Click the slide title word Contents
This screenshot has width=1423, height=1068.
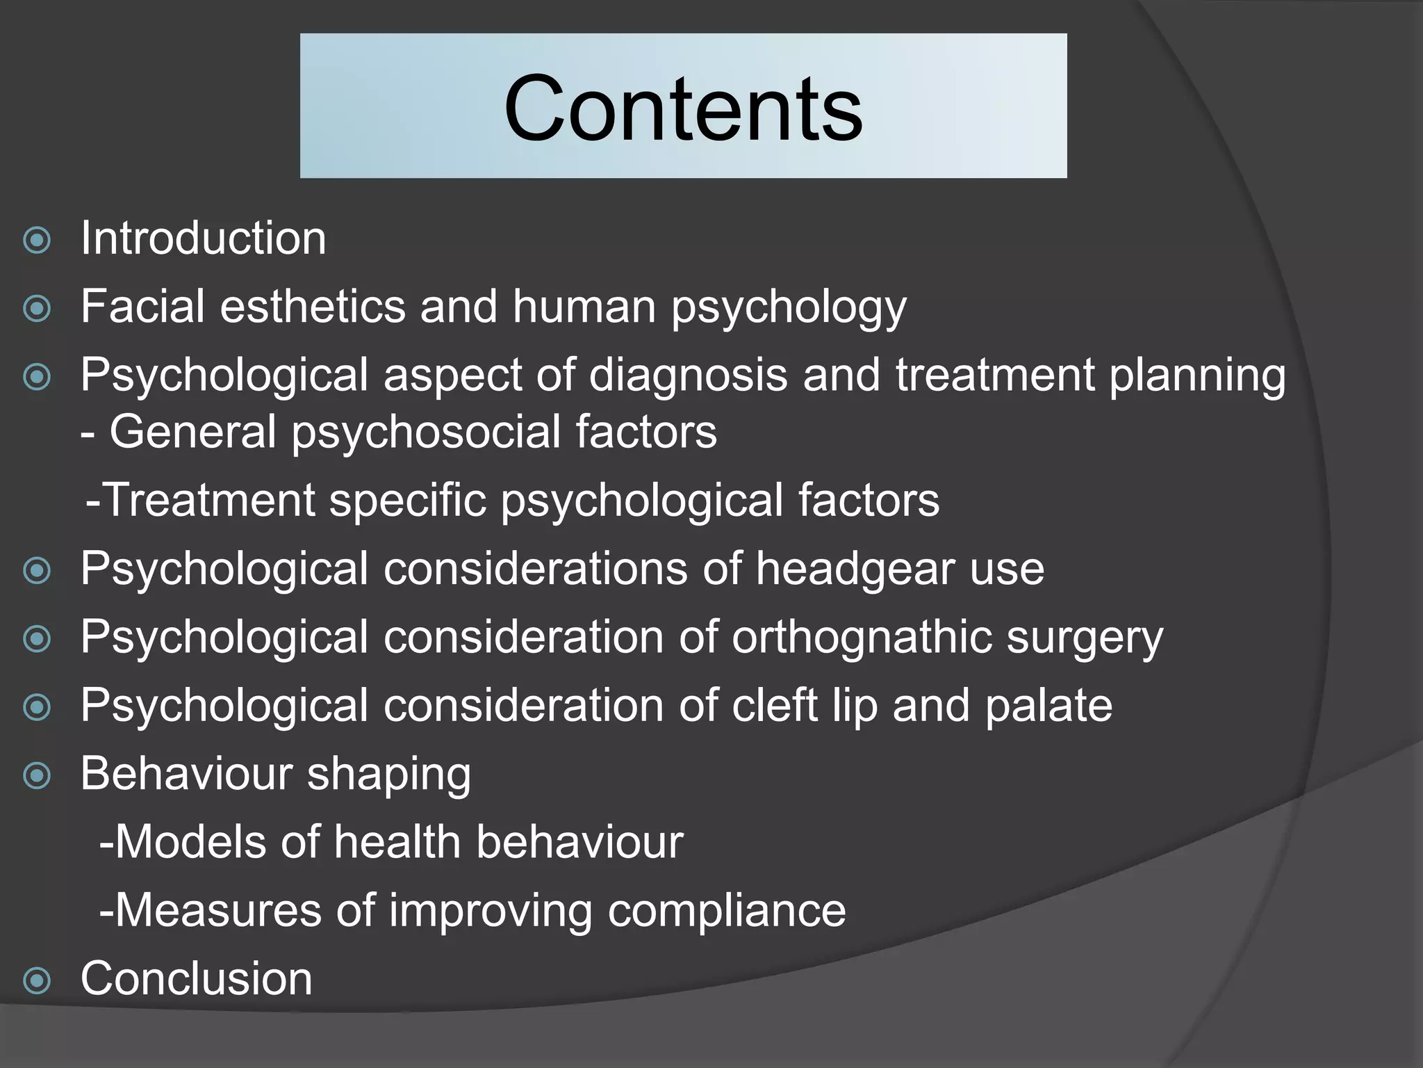coord(683,108)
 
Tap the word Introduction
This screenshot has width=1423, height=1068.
coord(203,238)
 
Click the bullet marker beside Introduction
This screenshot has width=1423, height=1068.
coord(37,241)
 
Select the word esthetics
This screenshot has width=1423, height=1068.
coord(313,306)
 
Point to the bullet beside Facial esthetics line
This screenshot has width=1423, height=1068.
coord(37,309)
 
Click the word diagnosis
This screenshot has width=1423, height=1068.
coord(689,375)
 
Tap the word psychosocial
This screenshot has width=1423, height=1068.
coord(425,432)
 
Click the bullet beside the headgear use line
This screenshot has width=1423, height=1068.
coord(37,572)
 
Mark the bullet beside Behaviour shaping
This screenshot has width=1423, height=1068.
coord(37,776)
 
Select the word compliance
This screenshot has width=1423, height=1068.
coord(727,910)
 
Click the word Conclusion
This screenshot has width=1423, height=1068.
coord(197,978)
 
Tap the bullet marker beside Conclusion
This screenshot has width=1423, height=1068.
coord(37,981)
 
